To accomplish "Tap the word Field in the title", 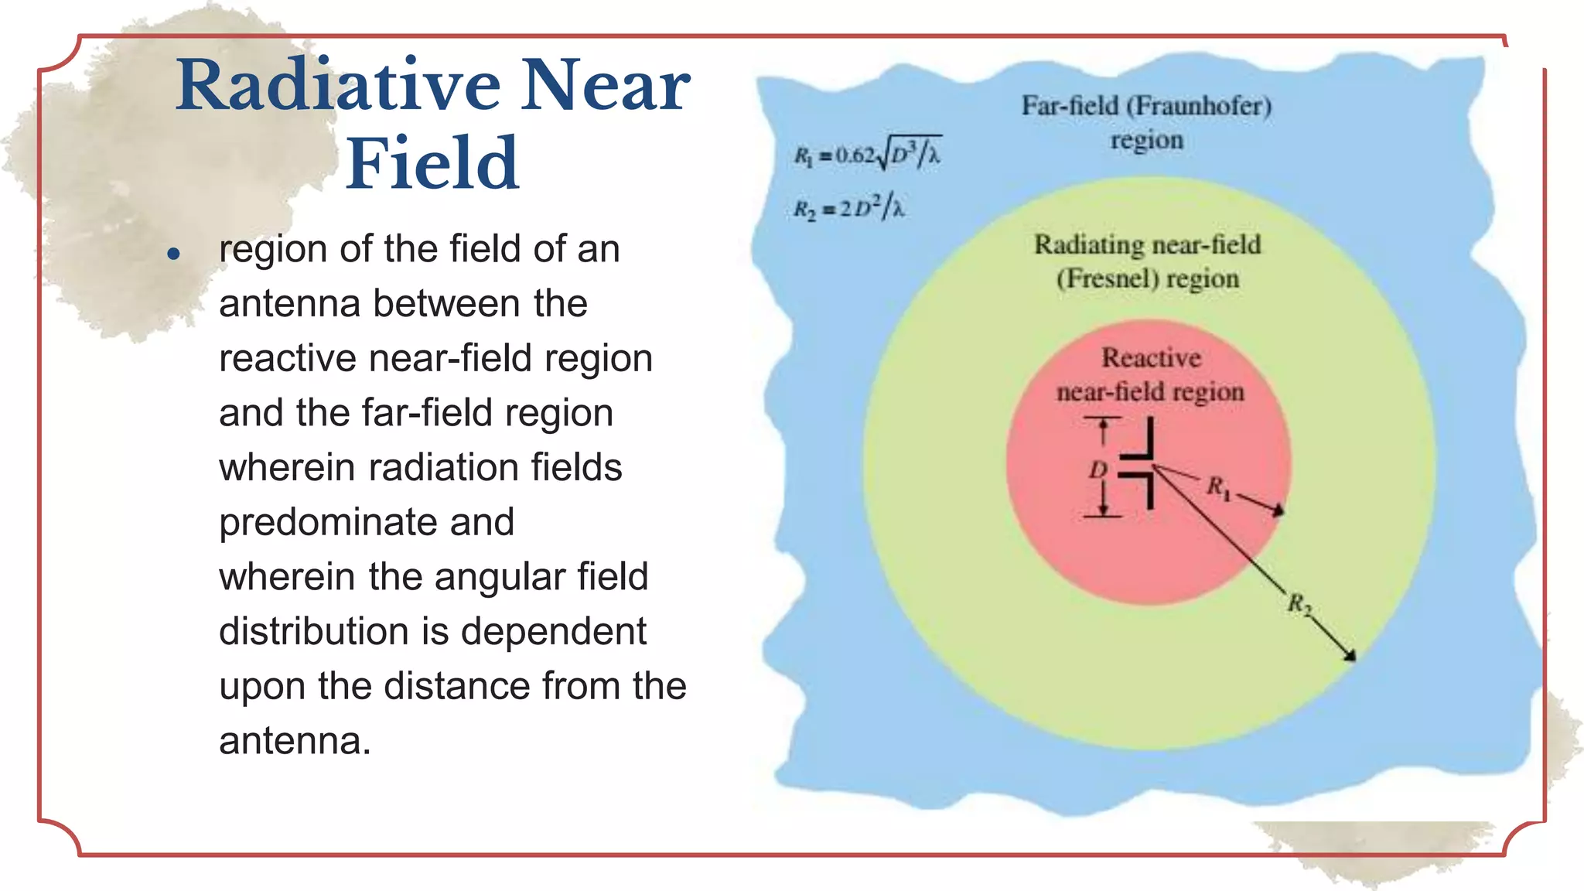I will pyautogui.click(x=432, y=163).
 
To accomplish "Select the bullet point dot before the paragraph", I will pyautogui.click(x=173, y=254).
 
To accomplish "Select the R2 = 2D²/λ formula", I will pyautogui.click(x=848, y=208).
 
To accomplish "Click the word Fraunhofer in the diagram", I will pyautogui.click(x=1198, y=106).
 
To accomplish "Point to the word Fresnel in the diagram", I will pyautogui.click(x=1108, y=278).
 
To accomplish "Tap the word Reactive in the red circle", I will pyautogui.click(x=1151, y=358).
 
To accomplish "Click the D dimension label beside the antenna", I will pyautogui.click(x=1098, y=469).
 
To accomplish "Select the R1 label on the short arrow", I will pyautogui.click(x=1217, y=487).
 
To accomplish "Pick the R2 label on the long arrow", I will pyautogui.click(x=1299, y=604).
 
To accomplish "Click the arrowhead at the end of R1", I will pyautogui.click(x=1280, y=510).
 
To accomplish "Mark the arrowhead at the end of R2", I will pyautogui.click(x=1350, y=657).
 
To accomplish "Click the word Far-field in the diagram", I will pyautogui.click(x=1070, y=106).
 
